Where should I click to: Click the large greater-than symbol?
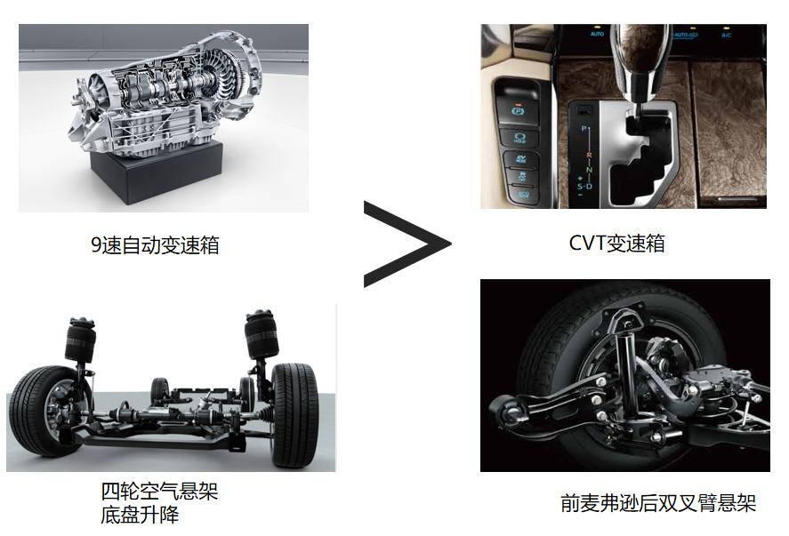point(407,244)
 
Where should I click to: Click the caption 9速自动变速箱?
point(155,245)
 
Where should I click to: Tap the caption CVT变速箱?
point(617,244)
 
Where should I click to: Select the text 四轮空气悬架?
point(159,492)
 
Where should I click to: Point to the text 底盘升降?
point(140,515)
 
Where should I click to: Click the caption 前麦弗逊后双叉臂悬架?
point(658,503)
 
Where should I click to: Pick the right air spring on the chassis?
point(262,334)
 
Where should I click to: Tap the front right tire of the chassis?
point(294,415)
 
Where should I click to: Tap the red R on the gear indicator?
point(589,156)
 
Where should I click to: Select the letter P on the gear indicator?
point(584,129)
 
